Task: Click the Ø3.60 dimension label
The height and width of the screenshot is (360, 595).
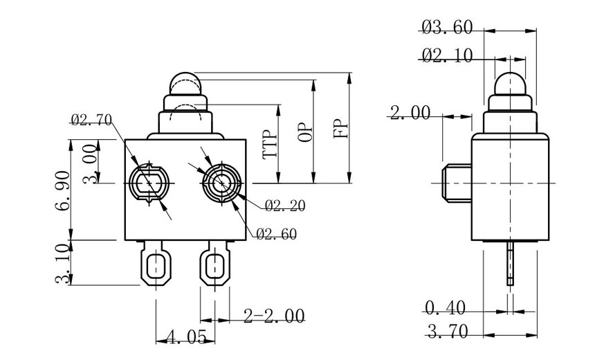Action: (x=446, y=28)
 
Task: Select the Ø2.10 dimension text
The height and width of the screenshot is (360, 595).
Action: (x=446, y=55)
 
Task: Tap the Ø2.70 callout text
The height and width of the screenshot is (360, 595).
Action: (x=91, y=120)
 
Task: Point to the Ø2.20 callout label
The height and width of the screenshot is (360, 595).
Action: (x=284, y=205)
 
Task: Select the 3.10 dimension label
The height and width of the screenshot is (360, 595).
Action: (x=64, y=263)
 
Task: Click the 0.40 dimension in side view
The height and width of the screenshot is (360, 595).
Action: (x=445, y=307)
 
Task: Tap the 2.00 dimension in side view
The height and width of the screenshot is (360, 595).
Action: (x=410, y=113)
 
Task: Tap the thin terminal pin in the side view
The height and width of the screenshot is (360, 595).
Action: (x=511, y=263)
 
